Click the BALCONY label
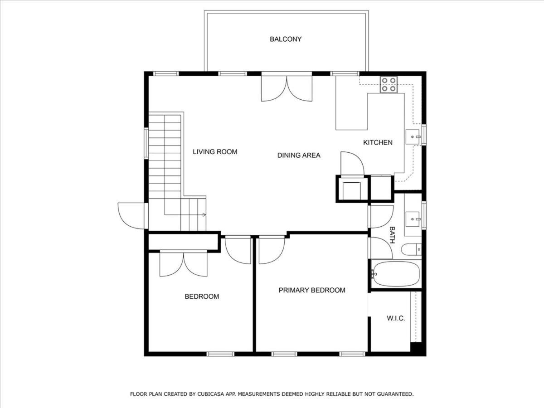tap(286, 39)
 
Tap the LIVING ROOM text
tap(215, 151)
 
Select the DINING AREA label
tap(299, 155)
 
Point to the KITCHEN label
tap(378, 142)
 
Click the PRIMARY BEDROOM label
tap(312, 290)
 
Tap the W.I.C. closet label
tap(396, 318)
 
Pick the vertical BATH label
tap(392, 235)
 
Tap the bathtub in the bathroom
tap(396, 274)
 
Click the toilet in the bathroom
tap(411, 249)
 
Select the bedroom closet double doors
tap(184, 263)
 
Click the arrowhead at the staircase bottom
tap(204, 214)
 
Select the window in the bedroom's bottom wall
tap(220, 354)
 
